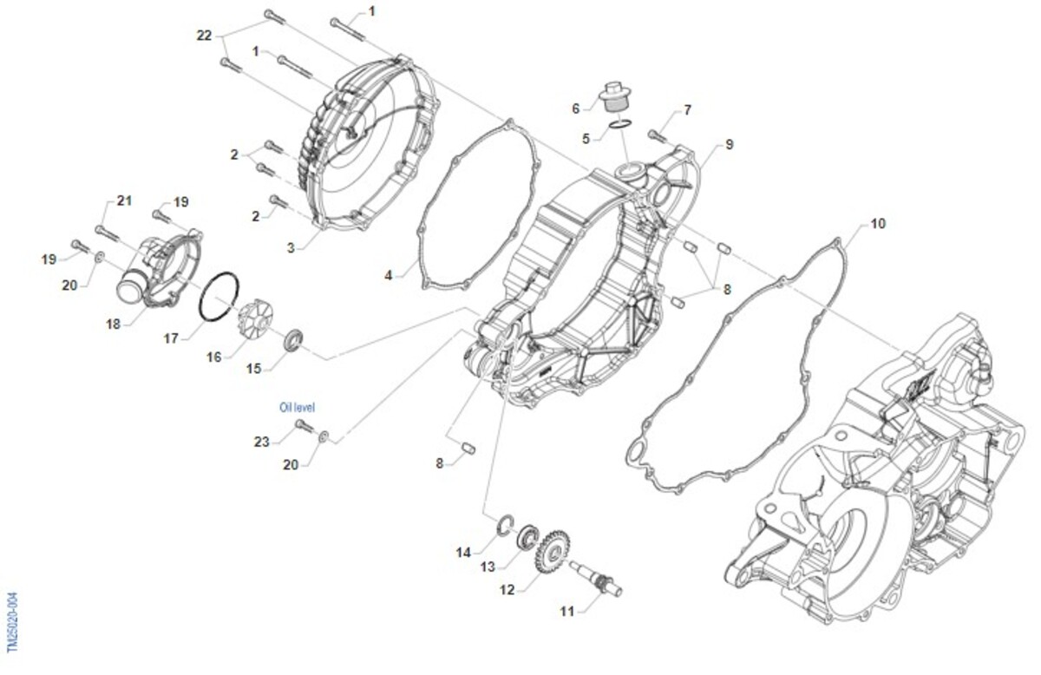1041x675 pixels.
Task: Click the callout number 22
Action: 204,35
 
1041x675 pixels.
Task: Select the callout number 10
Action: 878,224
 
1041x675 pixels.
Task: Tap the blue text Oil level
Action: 297,406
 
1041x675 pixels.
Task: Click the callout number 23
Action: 262,442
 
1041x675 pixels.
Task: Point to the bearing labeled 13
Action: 527,537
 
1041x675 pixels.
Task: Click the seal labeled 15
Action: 293,338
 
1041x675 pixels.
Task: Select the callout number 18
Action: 114,324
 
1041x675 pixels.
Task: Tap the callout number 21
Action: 124,201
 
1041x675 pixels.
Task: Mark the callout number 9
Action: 729,144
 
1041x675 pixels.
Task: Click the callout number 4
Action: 390,275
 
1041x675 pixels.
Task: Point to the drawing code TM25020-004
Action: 12,623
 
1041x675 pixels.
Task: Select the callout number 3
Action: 293,247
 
